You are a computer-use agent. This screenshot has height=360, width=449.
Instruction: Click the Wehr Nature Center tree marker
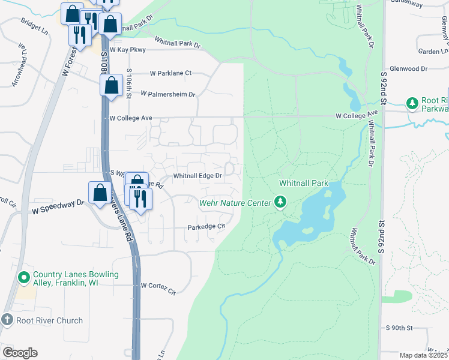coord(280,202)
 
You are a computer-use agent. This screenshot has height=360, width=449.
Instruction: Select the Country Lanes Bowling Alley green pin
coord(24,278)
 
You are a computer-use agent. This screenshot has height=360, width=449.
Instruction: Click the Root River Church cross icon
coord(7,320)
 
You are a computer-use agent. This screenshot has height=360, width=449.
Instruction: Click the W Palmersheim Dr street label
coord(168,94)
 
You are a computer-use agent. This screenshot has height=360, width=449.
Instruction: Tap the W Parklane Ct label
coord(170,73)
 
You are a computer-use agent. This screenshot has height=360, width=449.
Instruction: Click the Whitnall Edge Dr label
coord(197,176)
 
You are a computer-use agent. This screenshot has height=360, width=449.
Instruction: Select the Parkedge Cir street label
coord(206,227)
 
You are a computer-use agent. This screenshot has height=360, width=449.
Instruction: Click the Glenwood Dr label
coord(408,69)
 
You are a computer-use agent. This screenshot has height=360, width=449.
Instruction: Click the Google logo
coord(19,353)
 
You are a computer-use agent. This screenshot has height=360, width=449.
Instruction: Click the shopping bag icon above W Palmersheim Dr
coord(112,85)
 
